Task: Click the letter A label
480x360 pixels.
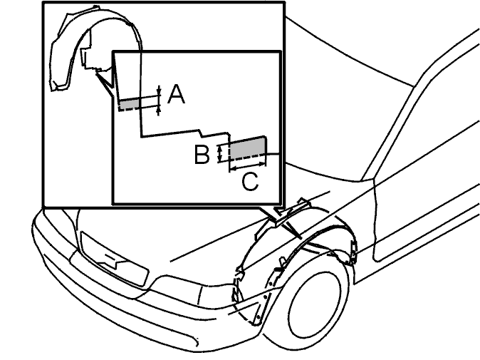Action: click(x=177, y=95)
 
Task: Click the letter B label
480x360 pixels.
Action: click(x=202, y=155)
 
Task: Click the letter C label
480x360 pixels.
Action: click(x=250, y=182)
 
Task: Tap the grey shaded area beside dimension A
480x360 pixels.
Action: click(x=130, y=104)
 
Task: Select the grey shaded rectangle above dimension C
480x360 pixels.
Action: click(x=247, y=148)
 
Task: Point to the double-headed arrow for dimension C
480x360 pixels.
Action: click(x=247, y=166)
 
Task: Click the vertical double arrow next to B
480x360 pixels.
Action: click(x=219, y=153)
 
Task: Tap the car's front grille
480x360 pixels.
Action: click(x=114, y=259)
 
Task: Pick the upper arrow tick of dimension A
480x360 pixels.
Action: click(x=159, y=91)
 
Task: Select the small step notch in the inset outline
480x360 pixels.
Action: click(x=201, y=133)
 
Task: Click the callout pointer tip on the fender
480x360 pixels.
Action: click(x=301, y=238)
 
